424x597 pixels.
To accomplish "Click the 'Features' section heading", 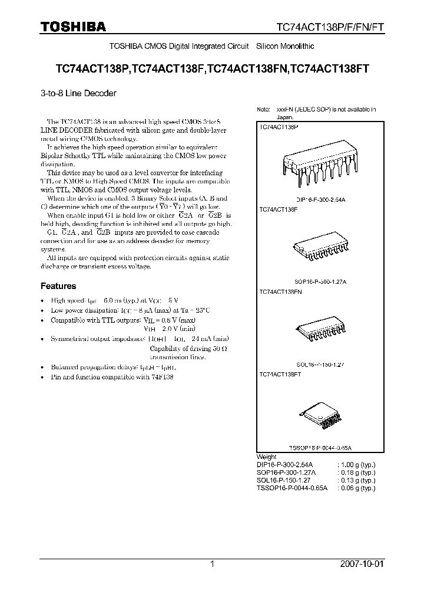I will point(58,286).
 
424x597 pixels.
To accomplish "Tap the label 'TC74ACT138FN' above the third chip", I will point(280,291).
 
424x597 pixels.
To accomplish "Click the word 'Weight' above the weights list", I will point(267,457).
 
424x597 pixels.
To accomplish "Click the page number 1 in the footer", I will point(212,564).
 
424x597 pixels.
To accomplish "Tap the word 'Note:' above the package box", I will point(263,110).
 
